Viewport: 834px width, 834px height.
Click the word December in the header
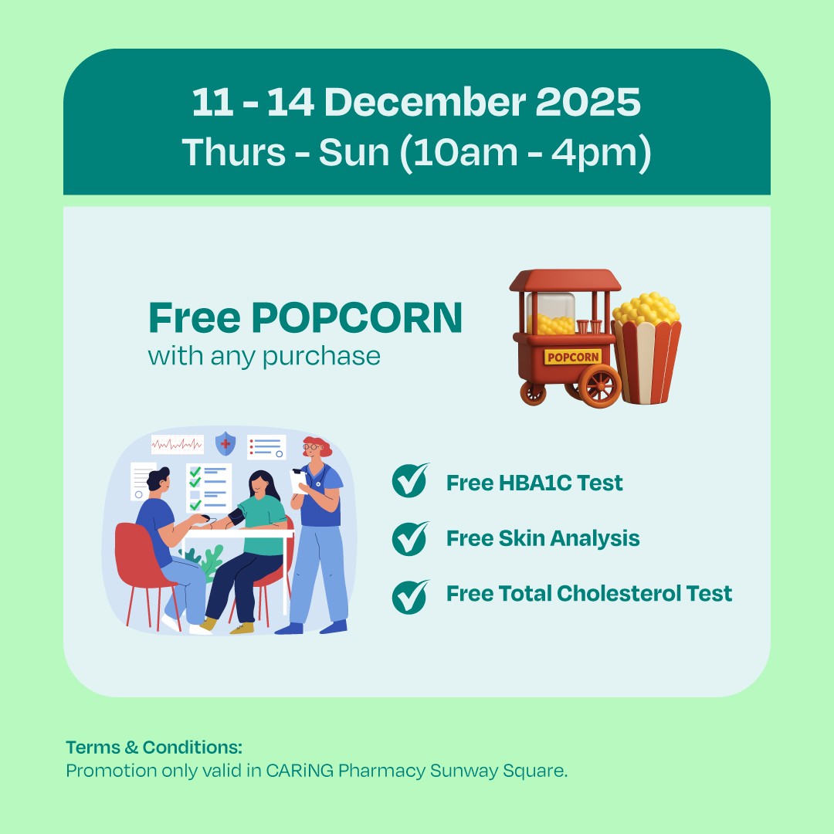(x=417, y=103)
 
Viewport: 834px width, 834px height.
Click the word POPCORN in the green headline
(x=357, y=317)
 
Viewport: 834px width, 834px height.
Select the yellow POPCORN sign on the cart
(x=572, y=357)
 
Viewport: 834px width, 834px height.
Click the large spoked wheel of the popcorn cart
(x=599, y=384)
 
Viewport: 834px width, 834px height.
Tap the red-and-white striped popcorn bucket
(x=647, y=359)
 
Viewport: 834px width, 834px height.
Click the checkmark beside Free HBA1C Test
(x=409, y=482)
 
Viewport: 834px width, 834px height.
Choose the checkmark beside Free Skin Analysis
(x=409, y=537)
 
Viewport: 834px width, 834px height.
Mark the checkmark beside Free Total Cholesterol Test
(x=409, y=595)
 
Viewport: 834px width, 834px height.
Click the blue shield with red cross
(x=225, y=443)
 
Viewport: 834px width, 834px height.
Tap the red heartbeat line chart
(x=177, y=445)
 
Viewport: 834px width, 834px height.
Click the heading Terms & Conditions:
(x=154, y=748)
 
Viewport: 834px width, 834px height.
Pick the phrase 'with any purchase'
(x=264, y=356)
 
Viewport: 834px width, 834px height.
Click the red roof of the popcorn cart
(x=564, y=281)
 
